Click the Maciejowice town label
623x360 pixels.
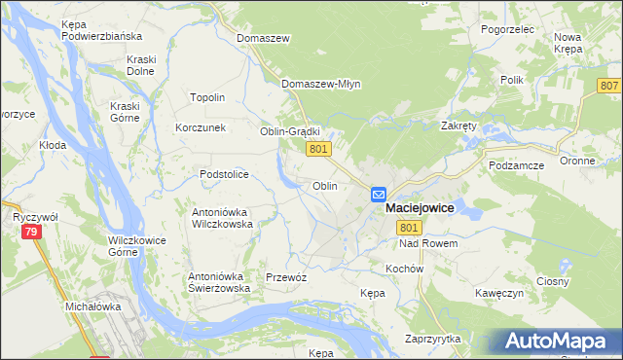coord(420,208)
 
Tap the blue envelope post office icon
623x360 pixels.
coord(379,195)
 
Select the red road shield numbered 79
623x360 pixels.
coord(32,232)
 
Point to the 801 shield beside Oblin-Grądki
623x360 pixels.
coord(320,149)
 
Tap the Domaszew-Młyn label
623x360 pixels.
coord(321,84)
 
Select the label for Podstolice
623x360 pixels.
coord(225,174)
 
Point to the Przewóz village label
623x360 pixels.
coord(286,277)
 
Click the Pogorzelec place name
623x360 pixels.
coord(508,29)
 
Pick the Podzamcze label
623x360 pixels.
coord(517,165)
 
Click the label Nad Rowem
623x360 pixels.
coord(428,243)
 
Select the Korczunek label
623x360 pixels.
coord(201,127)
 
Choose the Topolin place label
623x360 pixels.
coord(207,97)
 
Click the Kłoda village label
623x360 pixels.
coord(52,145)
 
